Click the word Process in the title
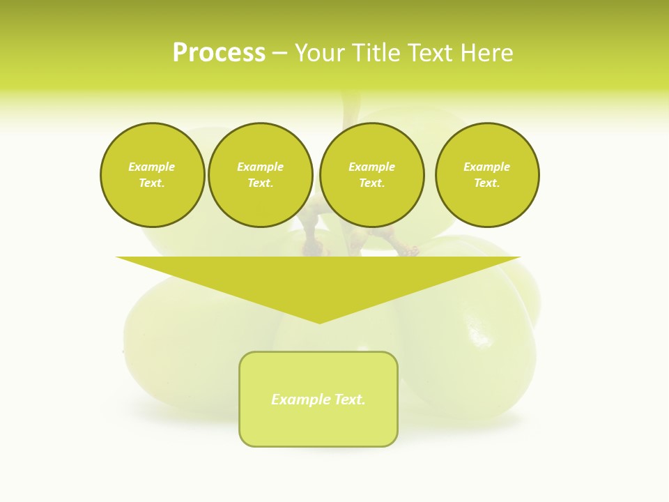tap(219, 53)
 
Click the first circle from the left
tap(152, 175)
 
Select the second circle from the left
tap(260, 175)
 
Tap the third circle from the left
tap(371, 175)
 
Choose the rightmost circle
tap(486, 175)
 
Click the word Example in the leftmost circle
tap(152, 167)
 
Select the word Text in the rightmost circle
tap(486, 183)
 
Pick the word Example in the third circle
tap(371, 167)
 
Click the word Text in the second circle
tap(260, 183)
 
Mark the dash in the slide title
tap(279, 53)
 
